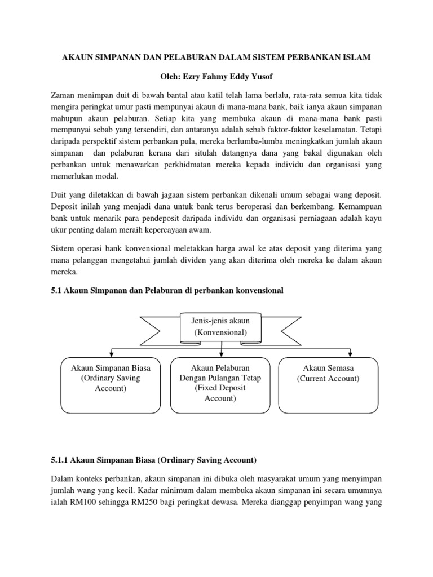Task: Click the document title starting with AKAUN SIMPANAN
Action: pyautogui.click(x=216, y=57)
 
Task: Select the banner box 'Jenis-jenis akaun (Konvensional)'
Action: pyautogui.click(x=220, y=327)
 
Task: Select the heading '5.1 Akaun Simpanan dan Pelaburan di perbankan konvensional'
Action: pyautogui.click(x=167, y=290)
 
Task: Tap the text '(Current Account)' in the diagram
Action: pyautogui.click(x=328, y=379)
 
